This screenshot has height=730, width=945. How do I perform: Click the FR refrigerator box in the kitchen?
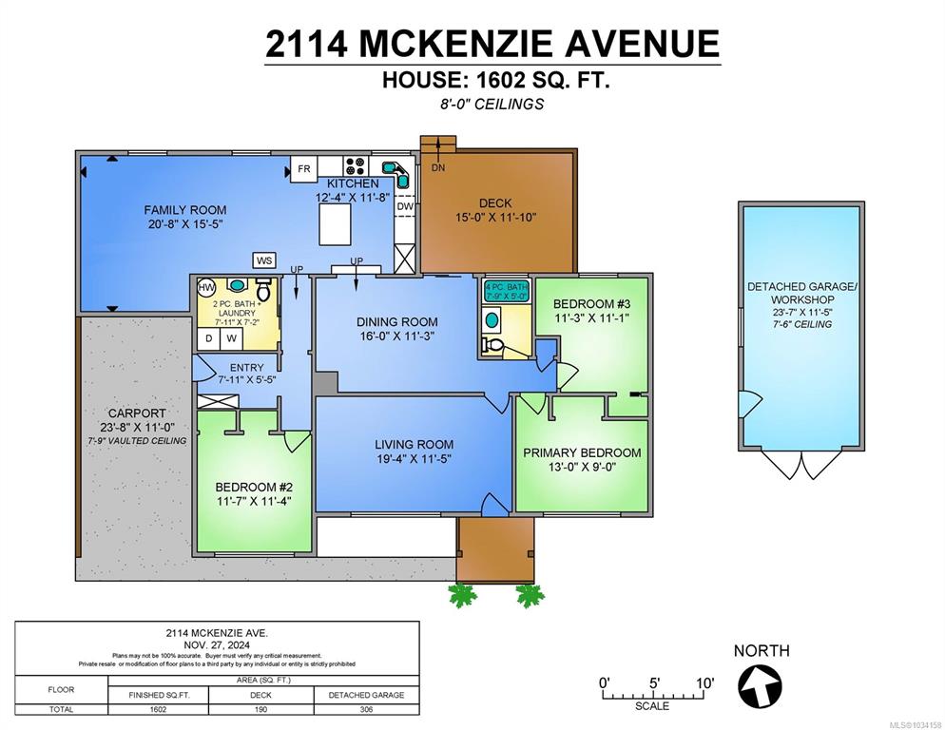click(x=304, y=169)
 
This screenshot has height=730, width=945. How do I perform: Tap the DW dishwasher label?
click(x=405, y=206)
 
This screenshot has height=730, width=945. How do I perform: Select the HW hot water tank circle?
click(x=206, y=287)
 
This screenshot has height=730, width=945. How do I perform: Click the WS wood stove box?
click(x=264, y=260)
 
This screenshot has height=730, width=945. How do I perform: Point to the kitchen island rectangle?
click(x=335, y=224)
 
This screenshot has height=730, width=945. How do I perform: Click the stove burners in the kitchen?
click(x=357, y=165)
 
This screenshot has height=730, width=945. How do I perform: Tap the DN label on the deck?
click(x=438, y=167)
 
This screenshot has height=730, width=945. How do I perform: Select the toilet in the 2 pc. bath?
click(x=263, y=289)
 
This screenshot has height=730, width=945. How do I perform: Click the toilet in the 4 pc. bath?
click(x=493, y=345)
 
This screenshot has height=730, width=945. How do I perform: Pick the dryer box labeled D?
click(x=208, y=338)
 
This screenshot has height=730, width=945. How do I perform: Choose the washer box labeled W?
click(x=231, y=338)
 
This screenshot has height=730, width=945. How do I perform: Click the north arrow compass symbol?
click(x=760, y=686)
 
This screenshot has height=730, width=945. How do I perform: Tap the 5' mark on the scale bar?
click(x=654, y=683)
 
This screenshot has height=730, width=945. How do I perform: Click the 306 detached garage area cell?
click(x=366, y=709)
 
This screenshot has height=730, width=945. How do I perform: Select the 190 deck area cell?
click(x=260, y=709)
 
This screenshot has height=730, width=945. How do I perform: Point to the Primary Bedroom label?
click(x=582, y=452)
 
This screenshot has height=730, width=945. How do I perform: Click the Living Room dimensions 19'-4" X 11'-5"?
click(x=414, y=459)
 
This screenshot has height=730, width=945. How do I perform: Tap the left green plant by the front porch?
click(x=463, y=596)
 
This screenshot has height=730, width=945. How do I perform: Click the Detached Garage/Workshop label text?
click(x=802, y=293)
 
